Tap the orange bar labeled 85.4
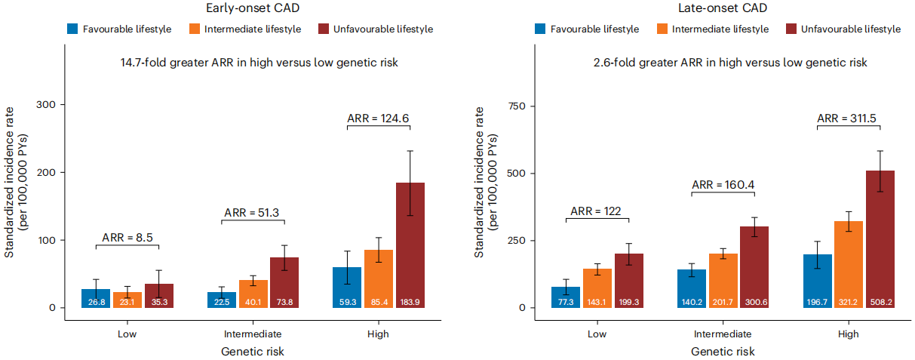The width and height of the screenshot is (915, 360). click(x=379, y=278)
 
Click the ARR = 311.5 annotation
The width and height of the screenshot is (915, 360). click(x=849, y=118)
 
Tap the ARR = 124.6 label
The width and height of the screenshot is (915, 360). click(x=379, y=118)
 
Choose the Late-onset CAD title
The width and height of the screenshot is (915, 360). click(x=717, y=9)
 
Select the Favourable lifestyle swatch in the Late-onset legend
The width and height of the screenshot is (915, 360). click(x=540, y=29)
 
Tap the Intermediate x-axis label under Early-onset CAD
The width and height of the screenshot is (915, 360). click(x=253, y=334)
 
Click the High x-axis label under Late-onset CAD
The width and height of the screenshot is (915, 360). click(x=848, y=334)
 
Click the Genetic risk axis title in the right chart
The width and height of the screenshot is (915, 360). click(x=722, y=352)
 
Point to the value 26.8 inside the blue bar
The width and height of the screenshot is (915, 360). click(x=96, y=302)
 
